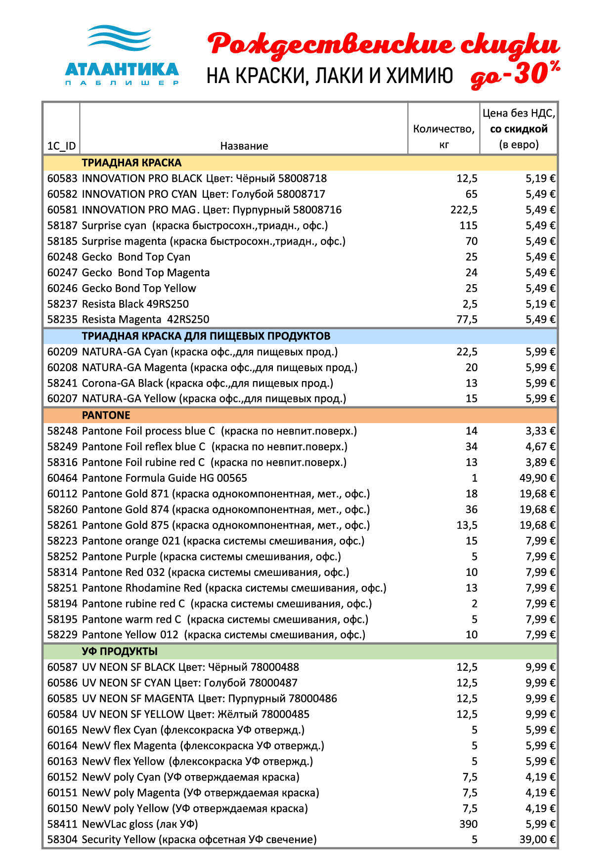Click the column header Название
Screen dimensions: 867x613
click(244, 146)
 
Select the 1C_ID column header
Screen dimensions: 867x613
click(61, 146)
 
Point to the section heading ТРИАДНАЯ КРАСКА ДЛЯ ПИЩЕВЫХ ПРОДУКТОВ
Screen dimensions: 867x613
click(206, 336)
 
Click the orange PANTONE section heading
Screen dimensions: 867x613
click(106, 415)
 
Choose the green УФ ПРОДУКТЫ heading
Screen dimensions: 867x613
click(120, 651)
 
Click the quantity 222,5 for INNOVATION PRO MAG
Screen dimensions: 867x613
click(464, 210)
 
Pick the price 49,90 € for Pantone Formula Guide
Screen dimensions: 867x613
click(537, 478)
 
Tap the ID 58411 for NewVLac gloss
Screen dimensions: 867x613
click(62, 824)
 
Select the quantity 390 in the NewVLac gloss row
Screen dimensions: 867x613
click(468, 824)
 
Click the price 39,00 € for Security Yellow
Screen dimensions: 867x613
click(537, 839)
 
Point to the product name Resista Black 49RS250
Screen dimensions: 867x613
click(135, 304)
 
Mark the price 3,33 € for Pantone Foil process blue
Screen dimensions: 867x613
click(540, 431)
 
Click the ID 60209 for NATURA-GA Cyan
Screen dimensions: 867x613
click(62, 352)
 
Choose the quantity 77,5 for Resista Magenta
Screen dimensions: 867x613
click(467, 319)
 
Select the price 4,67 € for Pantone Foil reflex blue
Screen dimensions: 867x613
click(540, 447)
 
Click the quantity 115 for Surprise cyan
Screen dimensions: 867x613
click(468, 226)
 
